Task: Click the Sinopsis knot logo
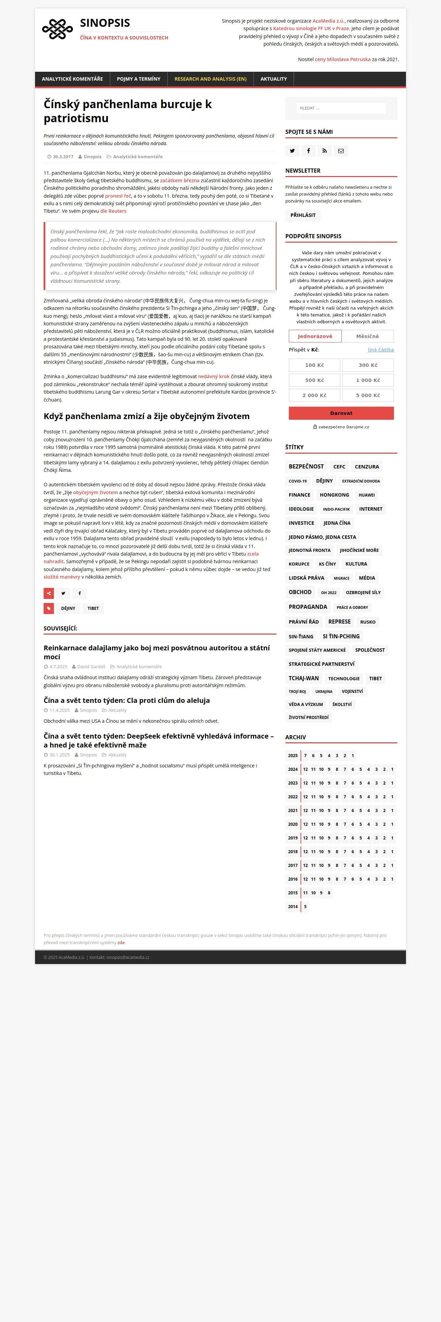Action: click(x=57, y=29)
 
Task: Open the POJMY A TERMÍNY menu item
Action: click(x=139, y=79)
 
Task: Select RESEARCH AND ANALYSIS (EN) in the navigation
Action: click(x=211, y=79)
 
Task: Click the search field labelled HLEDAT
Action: click(x=341, y=108)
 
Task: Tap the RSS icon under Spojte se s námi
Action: click(x=325, y=151)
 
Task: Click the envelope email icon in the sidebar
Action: click(x=341, y=151)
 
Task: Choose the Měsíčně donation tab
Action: click(x=367, y=336)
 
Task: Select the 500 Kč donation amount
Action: click(x=314, y=380)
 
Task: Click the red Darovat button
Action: click(x=341, y=413)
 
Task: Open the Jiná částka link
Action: click(x=381, y=349)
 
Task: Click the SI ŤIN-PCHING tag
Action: click(x=341, y=636)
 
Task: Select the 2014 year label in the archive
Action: click(x=293, y=907)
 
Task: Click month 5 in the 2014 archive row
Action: click(x=305, y=907)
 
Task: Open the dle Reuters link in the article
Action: click(x=113, y=211)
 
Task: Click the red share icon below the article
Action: click(x=49, y=593)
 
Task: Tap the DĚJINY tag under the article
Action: click(x=68, y=608)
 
